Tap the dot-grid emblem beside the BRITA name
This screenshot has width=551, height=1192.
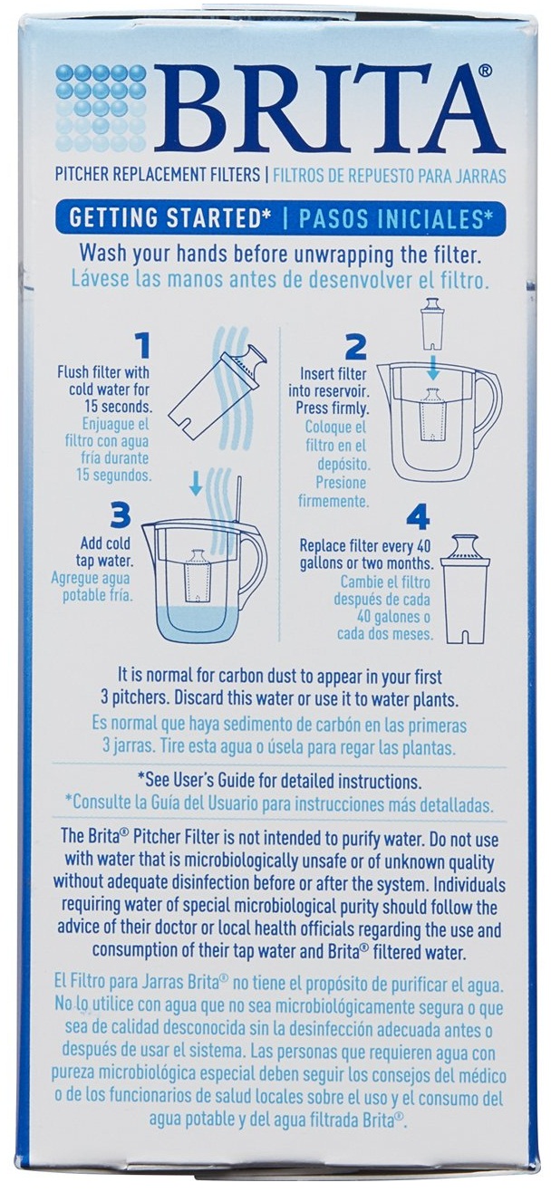(x=101, y=108)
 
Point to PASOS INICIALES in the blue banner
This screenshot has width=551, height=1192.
(x=394, y=218)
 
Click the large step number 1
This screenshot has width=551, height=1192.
(x=141, y=345)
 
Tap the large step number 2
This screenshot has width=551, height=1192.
(x=355, y=347)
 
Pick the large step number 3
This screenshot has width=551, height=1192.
(x=120, y=514)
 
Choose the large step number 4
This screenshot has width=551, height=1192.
(x=418, y=517)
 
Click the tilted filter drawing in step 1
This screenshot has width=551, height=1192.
(x=217, y=390)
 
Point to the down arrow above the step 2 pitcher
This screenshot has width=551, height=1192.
(x=433, y=370)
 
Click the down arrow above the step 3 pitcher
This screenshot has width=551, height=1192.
(x=197, y=483)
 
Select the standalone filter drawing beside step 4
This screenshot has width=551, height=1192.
(x=465, y=590)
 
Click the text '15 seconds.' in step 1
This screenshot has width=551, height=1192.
(x=118, y=407)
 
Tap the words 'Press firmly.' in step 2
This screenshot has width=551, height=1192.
(x=333, y=409)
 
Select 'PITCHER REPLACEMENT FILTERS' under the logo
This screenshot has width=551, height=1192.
(x=158, y=175)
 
